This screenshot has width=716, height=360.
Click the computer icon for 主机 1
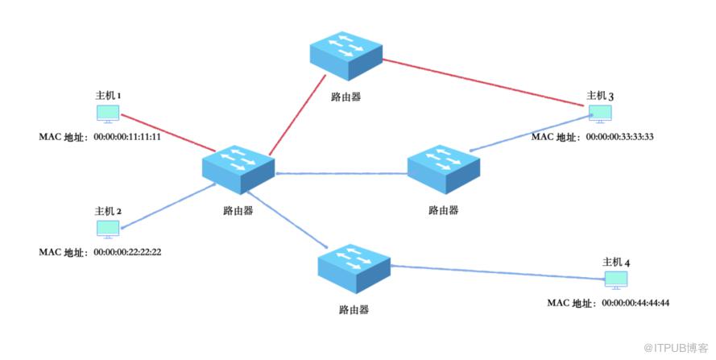[108, 114]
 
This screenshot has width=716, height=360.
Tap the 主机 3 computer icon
[600, 114]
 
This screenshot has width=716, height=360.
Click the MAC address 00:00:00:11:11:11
[127, 137]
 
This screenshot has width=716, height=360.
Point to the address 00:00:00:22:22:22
[127, 252]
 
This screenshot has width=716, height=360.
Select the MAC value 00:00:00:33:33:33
[619, 137]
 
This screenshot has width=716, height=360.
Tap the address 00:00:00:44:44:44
[635, 303]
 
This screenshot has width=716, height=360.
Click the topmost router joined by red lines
[346, 56]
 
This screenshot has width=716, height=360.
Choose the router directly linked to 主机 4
[354, 269]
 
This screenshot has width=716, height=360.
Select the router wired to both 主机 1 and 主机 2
[238, 169]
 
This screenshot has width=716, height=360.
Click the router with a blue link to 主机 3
[444, 169]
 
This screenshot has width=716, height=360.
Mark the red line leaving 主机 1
[168, 133]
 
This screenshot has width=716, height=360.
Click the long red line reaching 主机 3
[483, 83]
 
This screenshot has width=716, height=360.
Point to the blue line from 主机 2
[168, 205]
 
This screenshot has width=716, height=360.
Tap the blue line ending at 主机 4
[499, 272]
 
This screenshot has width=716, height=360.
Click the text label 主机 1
[108, 96]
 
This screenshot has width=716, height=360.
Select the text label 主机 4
[616, 263]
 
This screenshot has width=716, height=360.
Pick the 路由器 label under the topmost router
[346, 97]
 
